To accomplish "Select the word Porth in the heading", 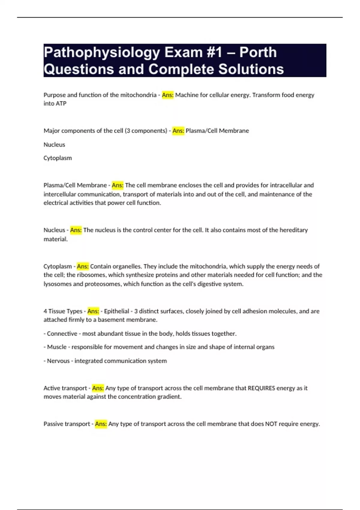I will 258,52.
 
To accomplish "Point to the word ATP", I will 61,103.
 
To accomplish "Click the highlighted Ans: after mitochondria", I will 168,95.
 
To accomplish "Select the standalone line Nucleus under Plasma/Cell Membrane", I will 54,145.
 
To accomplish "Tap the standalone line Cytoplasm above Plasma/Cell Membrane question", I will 58,158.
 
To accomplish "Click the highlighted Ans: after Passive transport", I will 101,424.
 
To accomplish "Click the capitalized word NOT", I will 271,424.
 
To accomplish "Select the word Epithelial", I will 117,311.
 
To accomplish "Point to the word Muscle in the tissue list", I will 57,347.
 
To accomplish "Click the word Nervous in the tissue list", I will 58,361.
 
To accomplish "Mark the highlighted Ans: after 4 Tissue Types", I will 93,311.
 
